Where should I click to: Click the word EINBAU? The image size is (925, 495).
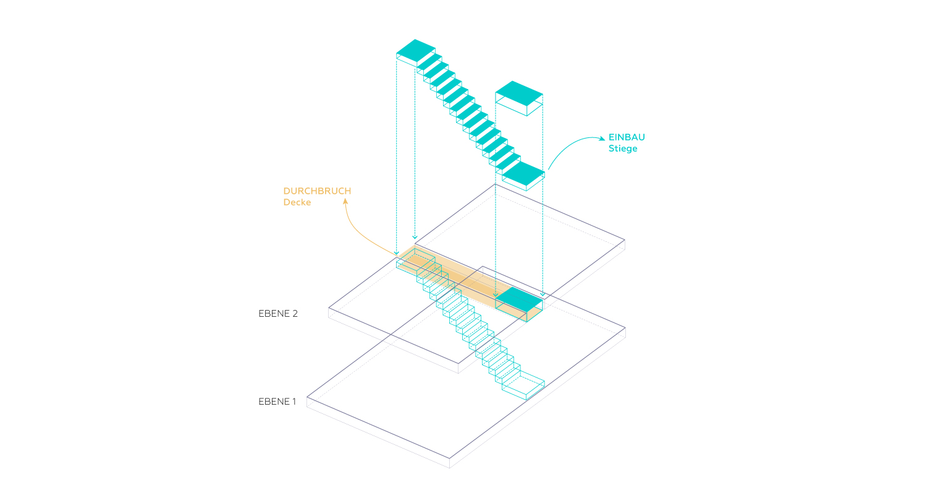627,137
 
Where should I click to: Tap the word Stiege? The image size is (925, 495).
623,149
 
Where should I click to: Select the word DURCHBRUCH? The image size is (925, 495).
317,191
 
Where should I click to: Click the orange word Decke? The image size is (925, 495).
297,202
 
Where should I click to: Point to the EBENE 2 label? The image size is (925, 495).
278,314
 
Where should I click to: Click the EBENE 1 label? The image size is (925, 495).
277,402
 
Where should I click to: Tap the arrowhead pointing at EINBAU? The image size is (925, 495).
602,139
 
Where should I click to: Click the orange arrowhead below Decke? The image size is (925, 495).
345,201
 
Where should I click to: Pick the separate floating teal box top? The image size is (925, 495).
519,93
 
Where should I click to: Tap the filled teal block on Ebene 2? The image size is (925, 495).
519,299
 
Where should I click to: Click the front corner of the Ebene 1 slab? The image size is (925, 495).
449,458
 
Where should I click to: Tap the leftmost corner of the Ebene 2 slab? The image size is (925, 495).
329,308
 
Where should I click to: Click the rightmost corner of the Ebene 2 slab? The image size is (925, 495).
625,240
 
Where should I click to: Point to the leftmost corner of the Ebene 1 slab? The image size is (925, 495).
307,397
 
